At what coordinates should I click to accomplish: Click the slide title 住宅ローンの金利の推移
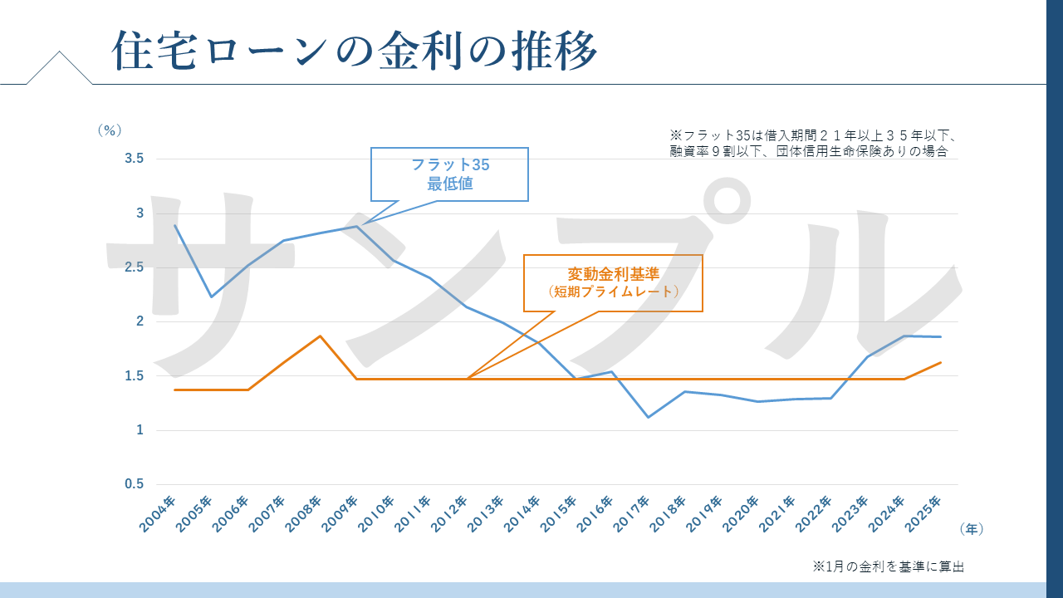355,51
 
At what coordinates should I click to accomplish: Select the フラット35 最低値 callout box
449,174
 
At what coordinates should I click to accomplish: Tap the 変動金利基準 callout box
613,282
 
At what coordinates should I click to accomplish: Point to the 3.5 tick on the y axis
134,159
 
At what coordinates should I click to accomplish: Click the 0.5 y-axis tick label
134,484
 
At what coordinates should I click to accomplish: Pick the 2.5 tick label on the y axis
134,267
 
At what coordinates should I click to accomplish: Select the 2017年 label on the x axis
634,513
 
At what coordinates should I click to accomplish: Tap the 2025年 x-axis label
926,513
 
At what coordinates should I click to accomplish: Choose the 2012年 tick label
451,513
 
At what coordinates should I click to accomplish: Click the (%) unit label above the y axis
109,130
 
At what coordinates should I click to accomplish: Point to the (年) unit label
971,528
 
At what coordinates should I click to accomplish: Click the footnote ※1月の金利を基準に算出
888,566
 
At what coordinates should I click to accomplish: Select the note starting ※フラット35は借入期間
814,143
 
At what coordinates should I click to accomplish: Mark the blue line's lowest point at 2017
649,417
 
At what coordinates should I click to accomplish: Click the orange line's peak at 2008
321,336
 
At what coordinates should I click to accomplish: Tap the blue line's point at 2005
211,297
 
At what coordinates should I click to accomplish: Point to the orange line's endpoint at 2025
940,362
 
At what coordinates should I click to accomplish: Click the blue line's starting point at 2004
174,225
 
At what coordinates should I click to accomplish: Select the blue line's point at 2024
904,336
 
